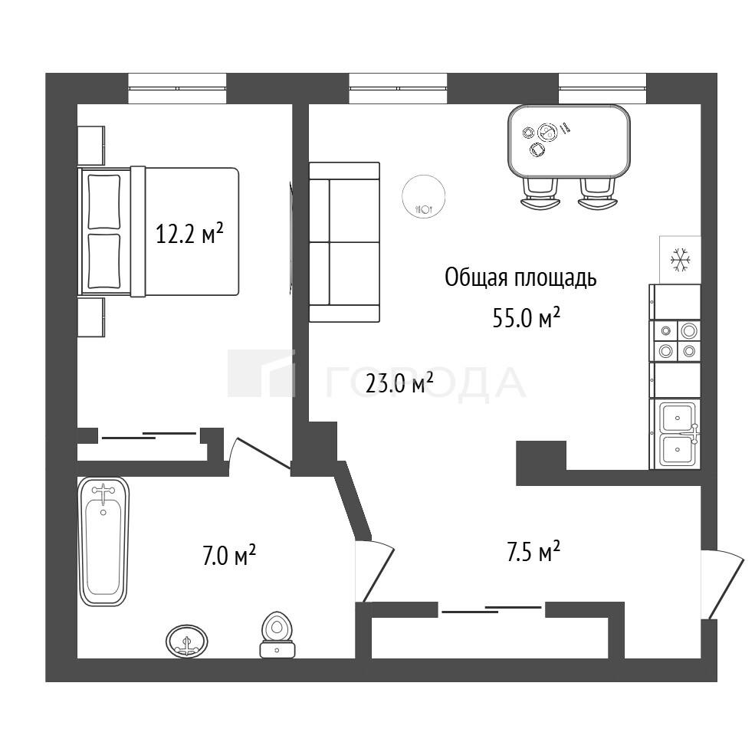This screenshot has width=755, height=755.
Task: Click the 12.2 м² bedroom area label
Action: (189, 235)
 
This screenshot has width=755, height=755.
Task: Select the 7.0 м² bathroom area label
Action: (228, 556)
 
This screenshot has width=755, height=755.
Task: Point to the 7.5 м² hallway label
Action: (533, 551)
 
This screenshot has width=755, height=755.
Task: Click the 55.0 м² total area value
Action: (527, 317)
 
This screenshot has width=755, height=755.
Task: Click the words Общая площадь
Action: (520, 278)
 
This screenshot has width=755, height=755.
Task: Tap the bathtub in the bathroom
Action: (103, 541)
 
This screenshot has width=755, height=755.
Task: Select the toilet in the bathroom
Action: (277, 635)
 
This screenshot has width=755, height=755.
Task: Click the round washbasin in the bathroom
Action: (187, 642)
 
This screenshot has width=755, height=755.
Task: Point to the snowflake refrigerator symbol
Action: (680, 259)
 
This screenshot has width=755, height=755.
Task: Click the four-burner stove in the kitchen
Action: (675, 341)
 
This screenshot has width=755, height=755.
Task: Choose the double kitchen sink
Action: (675, 434)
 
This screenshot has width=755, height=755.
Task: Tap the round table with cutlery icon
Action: (424, 196)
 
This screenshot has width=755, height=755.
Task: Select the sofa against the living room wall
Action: (344, 241)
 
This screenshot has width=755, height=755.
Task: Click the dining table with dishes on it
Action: (570, 140)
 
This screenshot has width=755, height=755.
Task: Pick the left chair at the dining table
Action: (540, 193)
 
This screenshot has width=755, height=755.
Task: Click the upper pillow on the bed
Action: (104, 202)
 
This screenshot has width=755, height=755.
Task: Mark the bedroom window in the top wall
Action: (177, 88)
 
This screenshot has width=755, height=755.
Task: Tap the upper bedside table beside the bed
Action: (91, 146)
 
